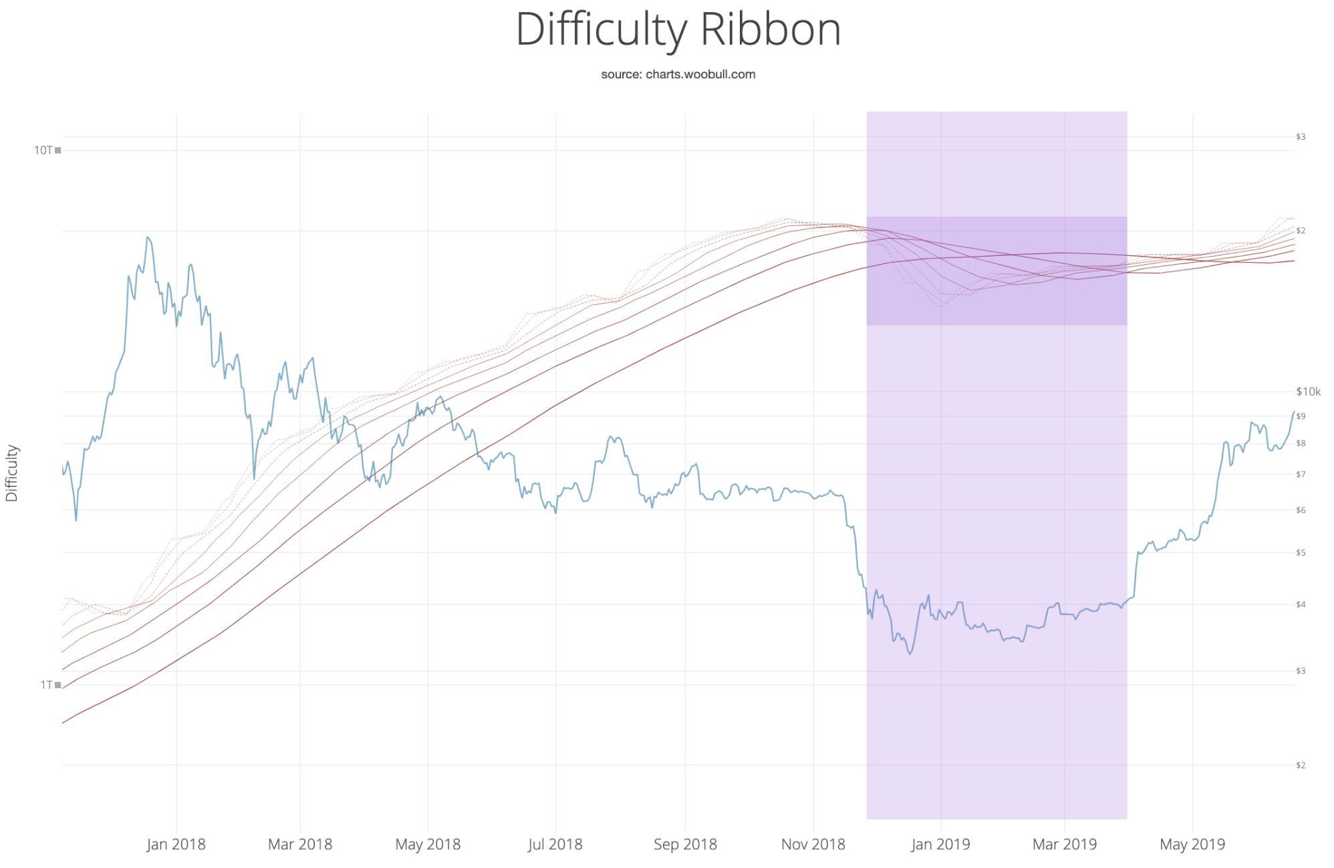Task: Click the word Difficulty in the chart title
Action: (602, 30)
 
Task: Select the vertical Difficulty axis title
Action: (12, 473)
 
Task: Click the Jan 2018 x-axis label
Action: (176, 845)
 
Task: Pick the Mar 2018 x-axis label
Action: (299, 845)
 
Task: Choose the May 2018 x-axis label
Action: (428, 845)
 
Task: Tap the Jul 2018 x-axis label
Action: (555, 845)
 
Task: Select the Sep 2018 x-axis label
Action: (685, 845)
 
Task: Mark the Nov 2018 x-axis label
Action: (813, 845)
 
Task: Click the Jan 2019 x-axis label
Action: (940, 845)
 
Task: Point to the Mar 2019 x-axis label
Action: (1064, 845)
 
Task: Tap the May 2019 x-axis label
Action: (1192, 845)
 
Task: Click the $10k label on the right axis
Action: (1308, 392)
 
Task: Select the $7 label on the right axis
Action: (1301, 475)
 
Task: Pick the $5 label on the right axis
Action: (1301, 553)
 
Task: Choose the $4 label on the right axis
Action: (1301, 605)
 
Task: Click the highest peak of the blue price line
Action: (148, 237)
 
